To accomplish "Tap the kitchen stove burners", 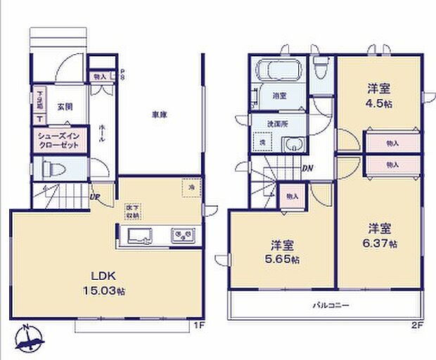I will [x=184, y=234].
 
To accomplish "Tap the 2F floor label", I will [x=419, y=325].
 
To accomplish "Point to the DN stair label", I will [x=307, y=167].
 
